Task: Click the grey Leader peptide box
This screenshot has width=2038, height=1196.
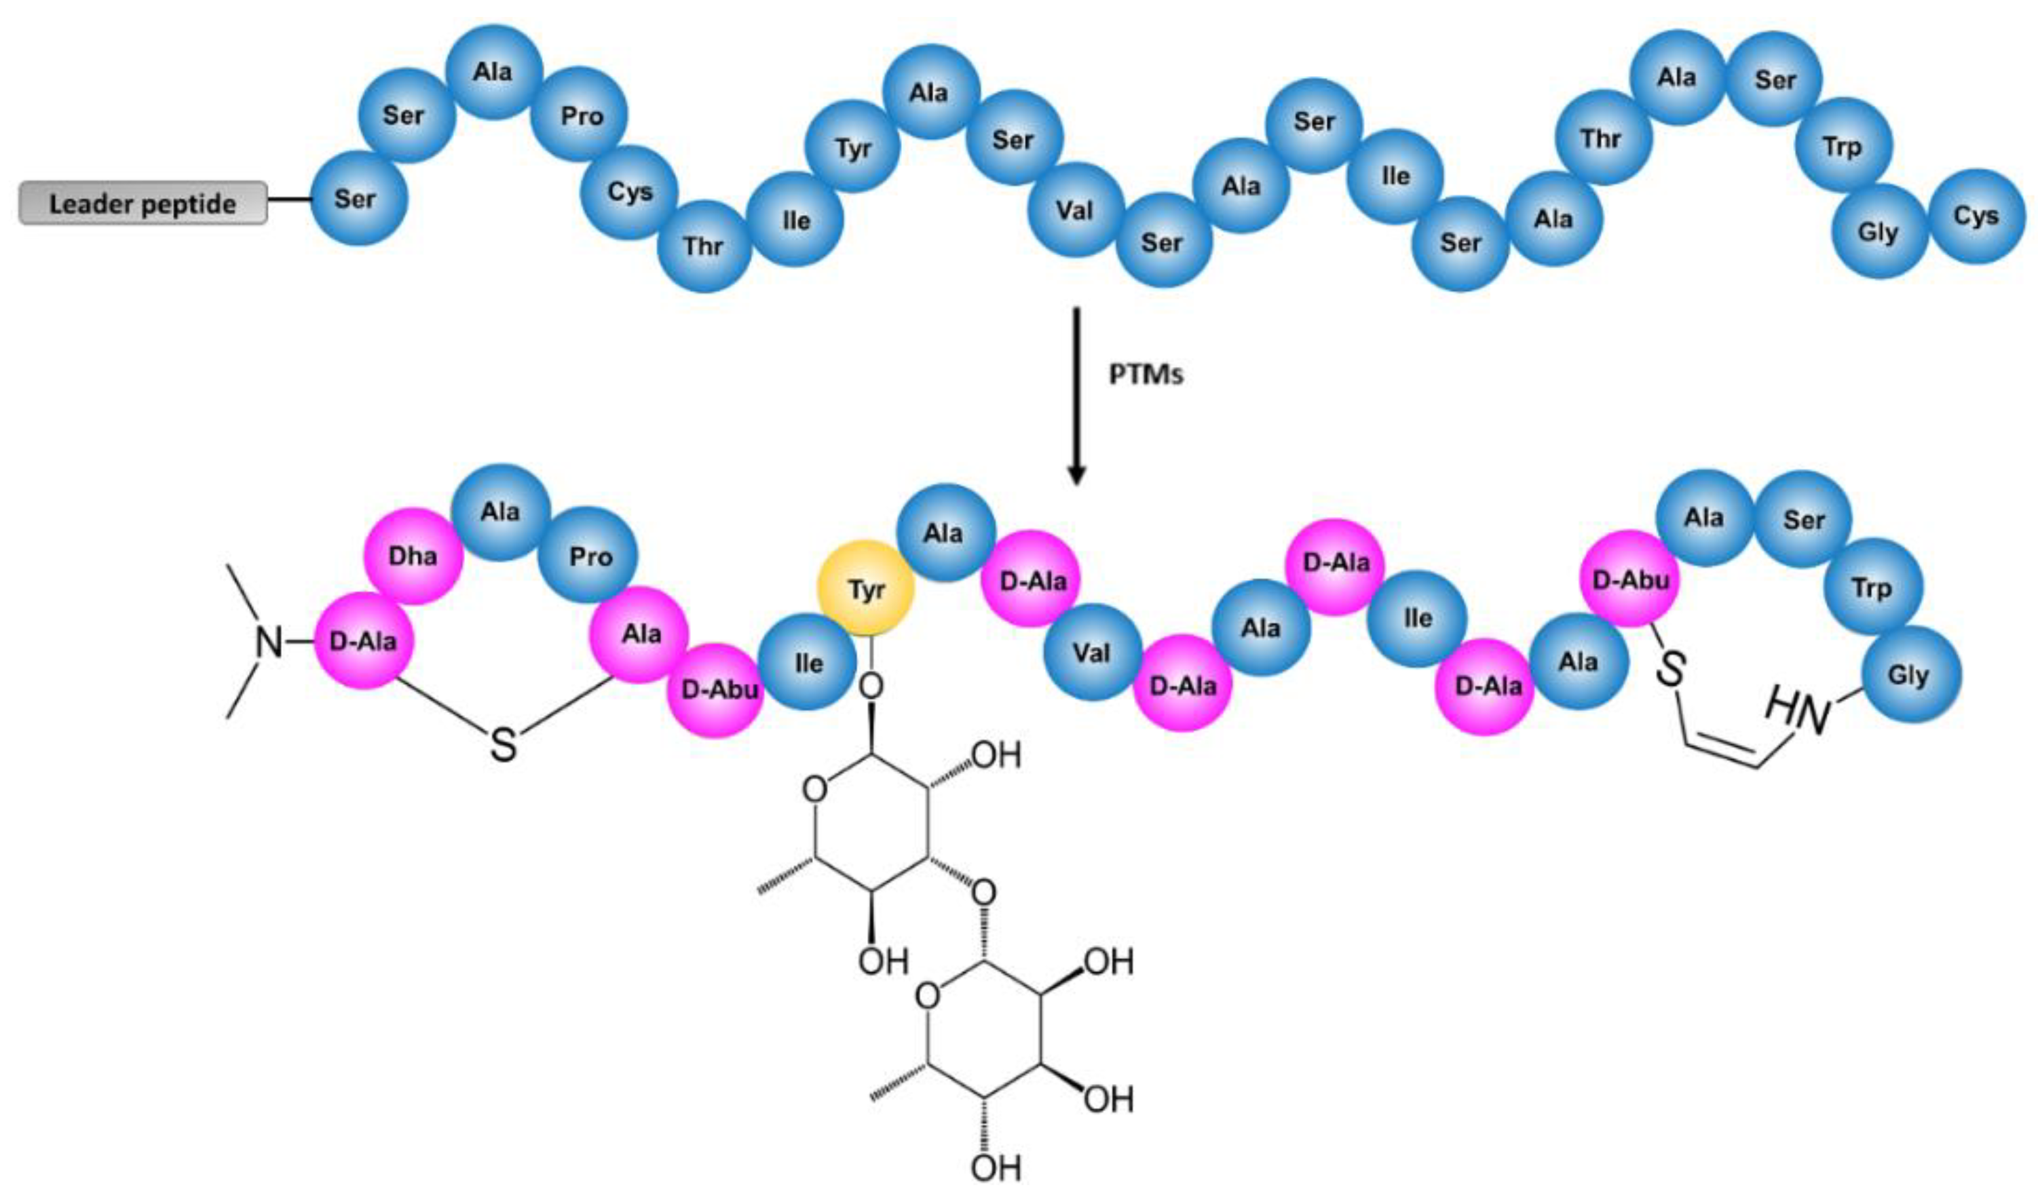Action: (143, 203)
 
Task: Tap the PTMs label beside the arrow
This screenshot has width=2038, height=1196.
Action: (1145, 375)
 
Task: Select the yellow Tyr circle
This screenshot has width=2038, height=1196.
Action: (866, 589)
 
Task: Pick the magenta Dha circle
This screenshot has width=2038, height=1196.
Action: (413, 556)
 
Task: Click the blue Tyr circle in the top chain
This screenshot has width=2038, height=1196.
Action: (852, 147)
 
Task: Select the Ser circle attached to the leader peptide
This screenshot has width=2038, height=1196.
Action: (358, 198)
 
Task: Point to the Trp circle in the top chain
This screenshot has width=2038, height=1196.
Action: (1843, 147)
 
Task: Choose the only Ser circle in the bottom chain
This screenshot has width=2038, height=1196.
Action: (1803, 519)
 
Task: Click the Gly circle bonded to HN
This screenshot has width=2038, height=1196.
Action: (1911, 674)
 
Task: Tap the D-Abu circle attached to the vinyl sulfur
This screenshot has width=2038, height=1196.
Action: (1629, 579)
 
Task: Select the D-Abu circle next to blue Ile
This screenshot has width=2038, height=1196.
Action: (717, 690)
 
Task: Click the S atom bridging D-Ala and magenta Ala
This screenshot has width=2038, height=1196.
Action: (503, 745)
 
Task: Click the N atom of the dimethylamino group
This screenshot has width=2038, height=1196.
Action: (269, 643)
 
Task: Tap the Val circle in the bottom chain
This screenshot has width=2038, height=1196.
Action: (1092, 652)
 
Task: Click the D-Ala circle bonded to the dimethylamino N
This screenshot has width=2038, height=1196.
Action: (363, 641)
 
